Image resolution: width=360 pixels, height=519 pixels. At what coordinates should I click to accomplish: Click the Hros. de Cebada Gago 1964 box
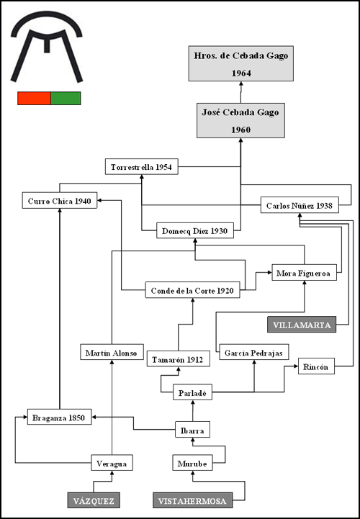point(241,63)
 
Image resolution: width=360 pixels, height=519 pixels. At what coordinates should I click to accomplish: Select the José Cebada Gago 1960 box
point(240,120)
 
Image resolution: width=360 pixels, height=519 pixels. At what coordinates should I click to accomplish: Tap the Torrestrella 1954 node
point(141,167)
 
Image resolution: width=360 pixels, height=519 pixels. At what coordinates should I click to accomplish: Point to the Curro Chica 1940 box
point(60,200)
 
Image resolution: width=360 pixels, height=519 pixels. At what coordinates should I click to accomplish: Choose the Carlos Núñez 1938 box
point(300,205)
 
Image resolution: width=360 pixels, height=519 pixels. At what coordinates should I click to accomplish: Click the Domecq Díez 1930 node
point(195,230)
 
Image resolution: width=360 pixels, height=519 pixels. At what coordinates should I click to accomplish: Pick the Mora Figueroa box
point(305,272)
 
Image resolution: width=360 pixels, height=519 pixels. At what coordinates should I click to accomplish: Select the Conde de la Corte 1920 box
point(192,290)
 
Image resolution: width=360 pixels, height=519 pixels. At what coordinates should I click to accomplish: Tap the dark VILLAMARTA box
point(302,325)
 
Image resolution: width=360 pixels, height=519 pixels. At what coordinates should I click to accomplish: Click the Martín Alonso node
point(112,352)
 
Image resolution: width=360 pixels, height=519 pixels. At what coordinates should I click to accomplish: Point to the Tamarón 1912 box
point(179,358)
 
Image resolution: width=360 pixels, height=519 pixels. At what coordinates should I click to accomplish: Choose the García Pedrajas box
point(254,352)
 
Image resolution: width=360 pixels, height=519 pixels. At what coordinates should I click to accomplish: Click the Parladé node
point(192,392)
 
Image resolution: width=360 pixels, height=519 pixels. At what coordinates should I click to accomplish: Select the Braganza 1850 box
point(60,417)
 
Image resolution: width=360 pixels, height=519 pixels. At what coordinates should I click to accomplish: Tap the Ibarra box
point(192,430)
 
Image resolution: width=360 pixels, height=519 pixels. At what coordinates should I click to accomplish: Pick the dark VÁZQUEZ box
point(94,500)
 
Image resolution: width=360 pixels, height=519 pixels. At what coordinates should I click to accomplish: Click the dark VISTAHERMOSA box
point(192,500)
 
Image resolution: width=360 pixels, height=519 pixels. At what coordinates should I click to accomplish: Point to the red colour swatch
point(34,99)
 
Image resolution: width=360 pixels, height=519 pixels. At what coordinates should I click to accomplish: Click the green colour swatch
point(66,99)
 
